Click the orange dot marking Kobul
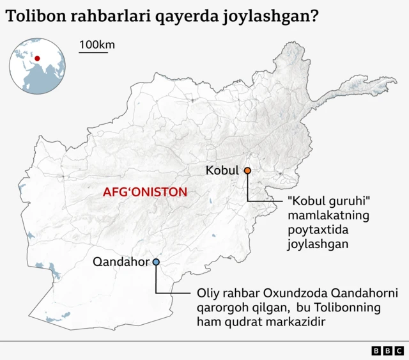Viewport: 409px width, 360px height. tap(247, 171)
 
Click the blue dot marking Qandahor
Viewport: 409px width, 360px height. tap(156, 262)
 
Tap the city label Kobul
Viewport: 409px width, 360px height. tap(222, 171)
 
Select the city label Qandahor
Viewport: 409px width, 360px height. tap(121, 262)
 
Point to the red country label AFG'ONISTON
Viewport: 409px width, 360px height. tap(145, 192)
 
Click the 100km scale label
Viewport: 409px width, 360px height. tap(97, 45)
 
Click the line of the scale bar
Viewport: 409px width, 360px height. tap(93, 52)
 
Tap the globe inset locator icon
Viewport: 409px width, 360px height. tap(38, 66)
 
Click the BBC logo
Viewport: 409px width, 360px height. tap(387, 350)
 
